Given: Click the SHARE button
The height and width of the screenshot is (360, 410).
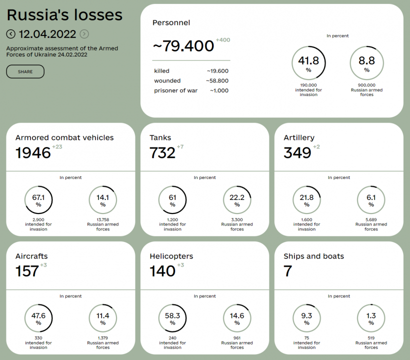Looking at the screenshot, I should click(25, 71).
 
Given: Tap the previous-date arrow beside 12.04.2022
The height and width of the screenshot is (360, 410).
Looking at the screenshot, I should click(11, 34).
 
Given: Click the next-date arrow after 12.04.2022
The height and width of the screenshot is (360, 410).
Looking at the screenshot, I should click(84, 34).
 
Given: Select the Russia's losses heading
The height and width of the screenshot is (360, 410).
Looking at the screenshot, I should click(64, 15).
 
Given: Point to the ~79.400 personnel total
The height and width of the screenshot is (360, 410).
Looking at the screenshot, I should click(183, 46).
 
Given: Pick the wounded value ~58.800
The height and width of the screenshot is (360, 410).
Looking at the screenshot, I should click(217, 80).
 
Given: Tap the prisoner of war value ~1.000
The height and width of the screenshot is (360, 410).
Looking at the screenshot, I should click(219, 90).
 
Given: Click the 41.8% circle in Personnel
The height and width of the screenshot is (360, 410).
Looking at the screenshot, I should click(308, 63).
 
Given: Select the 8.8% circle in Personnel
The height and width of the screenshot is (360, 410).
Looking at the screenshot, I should click(366, 63).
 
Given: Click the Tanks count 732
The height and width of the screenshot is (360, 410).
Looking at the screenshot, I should click(162, 152).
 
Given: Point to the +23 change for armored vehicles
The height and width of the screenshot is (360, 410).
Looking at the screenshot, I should click(57, 147).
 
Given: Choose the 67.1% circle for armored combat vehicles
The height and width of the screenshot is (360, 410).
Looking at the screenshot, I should click(38, 200).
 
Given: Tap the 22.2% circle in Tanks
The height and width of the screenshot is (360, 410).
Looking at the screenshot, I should click(237, 200).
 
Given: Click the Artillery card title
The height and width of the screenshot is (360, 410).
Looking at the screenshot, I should click(299, 137).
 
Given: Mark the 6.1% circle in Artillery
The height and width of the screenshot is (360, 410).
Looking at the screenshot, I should click(371, 200).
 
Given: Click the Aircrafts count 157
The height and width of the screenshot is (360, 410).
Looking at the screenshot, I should click(27, 271).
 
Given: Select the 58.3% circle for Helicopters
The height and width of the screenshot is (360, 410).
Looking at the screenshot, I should click(172, 318).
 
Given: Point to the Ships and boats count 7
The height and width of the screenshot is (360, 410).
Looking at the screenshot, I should click(287, 271).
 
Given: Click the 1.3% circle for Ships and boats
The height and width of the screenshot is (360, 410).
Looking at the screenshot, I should click(371, 318).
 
